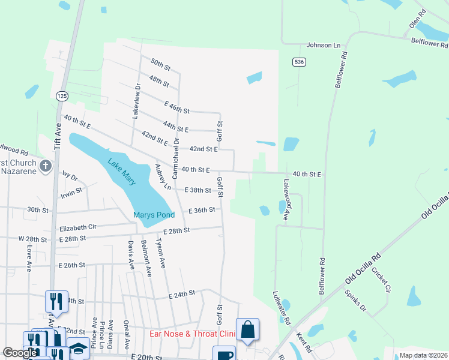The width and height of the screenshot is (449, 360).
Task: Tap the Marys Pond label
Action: tap(154, 215)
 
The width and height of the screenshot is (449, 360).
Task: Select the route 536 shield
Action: tap(298, 62)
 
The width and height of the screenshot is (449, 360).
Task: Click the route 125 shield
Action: tap(62, 96)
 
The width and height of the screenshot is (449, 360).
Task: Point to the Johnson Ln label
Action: tap(323, 45)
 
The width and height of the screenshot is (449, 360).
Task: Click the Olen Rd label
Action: tap(417, 19)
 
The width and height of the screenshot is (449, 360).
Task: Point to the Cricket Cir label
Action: tap(381, 280)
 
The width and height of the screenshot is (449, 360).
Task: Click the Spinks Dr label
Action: tap(355, 301)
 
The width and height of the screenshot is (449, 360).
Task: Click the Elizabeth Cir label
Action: tap(78, 228)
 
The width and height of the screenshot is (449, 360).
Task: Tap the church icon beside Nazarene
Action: tap(44, 166)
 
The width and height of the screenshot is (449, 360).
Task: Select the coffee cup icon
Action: tap(224, 355)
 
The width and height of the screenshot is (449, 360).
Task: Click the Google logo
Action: tap(20, 353)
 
